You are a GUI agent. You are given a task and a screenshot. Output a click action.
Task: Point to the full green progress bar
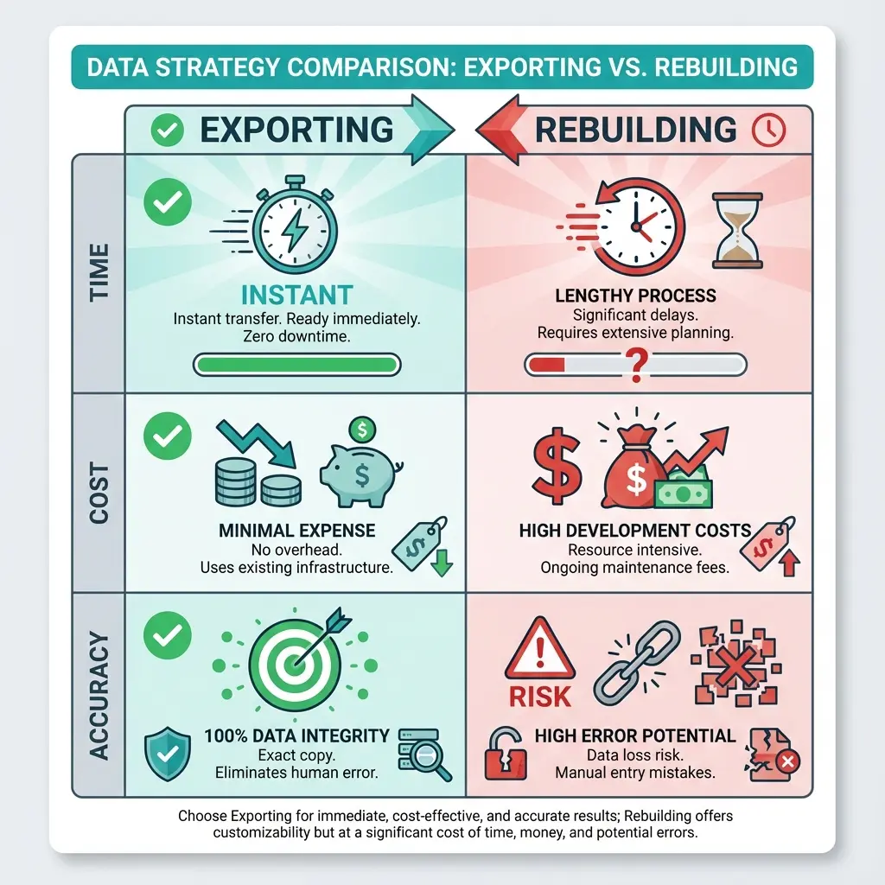tap(297, 364)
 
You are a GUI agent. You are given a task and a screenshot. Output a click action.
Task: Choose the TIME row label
tap(99, 272)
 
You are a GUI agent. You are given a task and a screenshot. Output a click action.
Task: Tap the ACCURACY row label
tap(99, 696)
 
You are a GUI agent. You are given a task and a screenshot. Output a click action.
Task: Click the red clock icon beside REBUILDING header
tap(768, 130)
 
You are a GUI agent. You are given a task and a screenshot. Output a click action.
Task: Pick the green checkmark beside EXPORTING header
tap(168, 131)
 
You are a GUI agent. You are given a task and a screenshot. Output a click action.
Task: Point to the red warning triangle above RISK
tap(540, 648)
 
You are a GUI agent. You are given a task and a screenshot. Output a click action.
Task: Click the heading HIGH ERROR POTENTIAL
tap(635, 736)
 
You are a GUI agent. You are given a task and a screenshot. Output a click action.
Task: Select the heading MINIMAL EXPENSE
tap(296, 530)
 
